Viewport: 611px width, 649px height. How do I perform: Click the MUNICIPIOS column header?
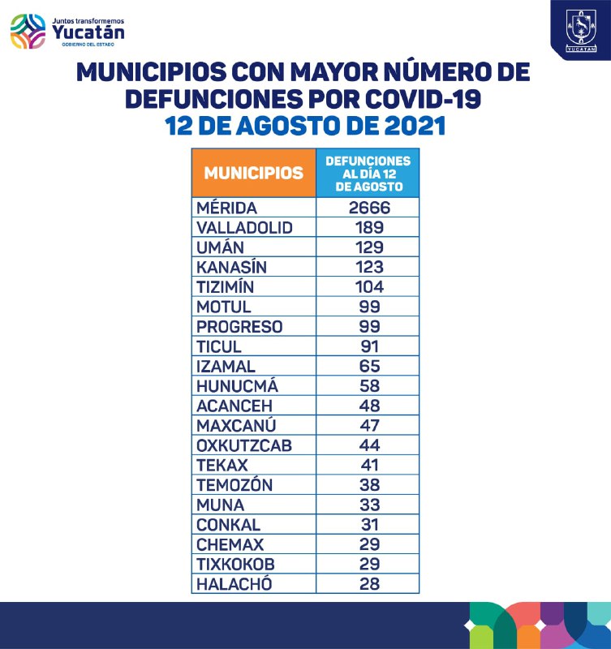tap(254, 173)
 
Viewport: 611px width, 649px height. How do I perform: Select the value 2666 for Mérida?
tap(369, 208)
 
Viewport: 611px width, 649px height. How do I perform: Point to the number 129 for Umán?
tap(369, 247)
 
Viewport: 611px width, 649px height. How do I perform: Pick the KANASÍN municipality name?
tap(231, 267)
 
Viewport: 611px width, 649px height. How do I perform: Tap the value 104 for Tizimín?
tap(369, 286)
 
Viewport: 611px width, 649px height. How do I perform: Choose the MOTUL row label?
tap(224, 307)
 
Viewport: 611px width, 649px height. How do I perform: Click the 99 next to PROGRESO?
tap(369, 326)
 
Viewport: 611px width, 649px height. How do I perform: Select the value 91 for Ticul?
tap(369, 346)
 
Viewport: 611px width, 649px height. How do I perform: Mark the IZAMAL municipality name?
tap(227, 366)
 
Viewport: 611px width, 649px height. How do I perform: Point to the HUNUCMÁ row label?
tap(232, 385)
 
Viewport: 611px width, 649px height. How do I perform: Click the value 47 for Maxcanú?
tap(369, 425)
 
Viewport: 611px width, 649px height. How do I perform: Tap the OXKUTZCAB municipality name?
tap(243, 445)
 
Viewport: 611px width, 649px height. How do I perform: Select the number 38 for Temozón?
tap(369, 485)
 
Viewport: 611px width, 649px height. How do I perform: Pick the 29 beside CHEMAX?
tap(369, 544)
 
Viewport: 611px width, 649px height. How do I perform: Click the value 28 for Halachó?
tap(369, 583)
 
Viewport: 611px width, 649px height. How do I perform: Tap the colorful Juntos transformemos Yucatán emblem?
tap(28, 32)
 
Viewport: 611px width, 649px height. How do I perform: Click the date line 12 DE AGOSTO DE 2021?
tap(305, 126)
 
